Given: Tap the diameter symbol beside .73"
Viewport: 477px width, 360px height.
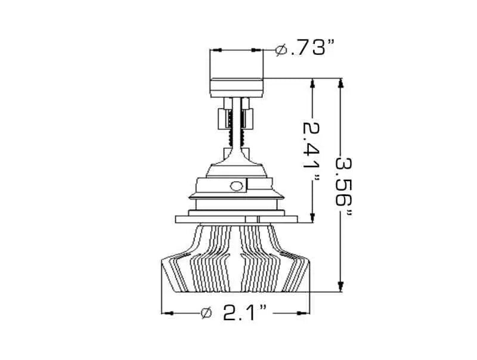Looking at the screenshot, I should (281, 50).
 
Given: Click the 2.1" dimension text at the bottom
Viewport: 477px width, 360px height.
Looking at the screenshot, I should (244, 312).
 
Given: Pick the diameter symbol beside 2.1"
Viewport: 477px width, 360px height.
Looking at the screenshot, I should (206, 312).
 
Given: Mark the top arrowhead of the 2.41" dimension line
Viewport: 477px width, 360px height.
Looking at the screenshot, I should (312, 84).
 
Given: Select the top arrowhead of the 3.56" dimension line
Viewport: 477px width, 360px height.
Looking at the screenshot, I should (341, 84).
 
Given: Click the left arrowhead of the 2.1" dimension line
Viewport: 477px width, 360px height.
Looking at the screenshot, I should (168, 312).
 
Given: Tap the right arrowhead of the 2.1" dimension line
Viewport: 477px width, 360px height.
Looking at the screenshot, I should (306, 312).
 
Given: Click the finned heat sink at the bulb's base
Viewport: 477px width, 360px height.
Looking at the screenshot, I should (236, 262).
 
